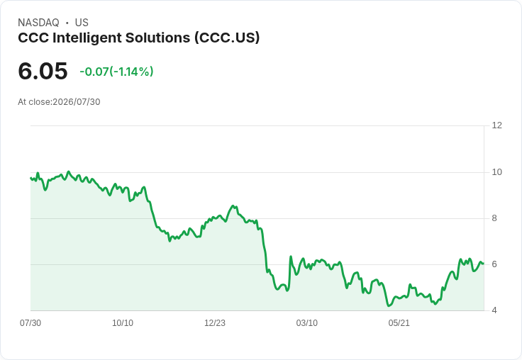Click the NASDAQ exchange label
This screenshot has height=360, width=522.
tap(38, 23)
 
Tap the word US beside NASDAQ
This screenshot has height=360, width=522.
tap(82, 23)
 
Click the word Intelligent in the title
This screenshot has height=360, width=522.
tap(87, 38)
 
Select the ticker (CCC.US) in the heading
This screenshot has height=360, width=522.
tap(227, 38)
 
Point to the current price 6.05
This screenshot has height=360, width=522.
tap(43, 71)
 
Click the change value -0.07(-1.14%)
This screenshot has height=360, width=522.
tap(116, 72)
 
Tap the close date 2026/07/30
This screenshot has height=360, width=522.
tap(77, 102)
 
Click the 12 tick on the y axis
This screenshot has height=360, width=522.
tap(497, 125)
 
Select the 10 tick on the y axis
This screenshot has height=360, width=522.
tap(497, 172)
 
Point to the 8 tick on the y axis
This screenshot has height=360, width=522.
tap(494, 218)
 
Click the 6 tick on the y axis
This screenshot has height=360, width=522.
tap(494, 264)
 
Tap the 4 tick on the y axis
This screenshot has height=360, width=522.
tap(494, 310)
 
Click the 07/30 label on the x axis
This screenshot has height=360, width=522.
tap(30, 322)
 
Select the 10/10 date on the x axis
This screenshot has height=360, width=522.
tap(123, 322)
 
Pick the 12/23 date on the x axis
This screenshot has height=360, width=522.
tap(215, 322)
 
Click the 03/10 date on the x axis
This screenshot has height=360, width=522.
tap(307, 322)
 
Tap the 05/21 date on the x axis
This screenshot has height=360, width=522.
tap(399, 322)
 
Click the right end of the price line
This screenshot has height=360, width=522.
tap(483, 264)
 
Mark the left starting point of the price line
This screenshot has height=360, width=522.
tap(30, 178)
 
